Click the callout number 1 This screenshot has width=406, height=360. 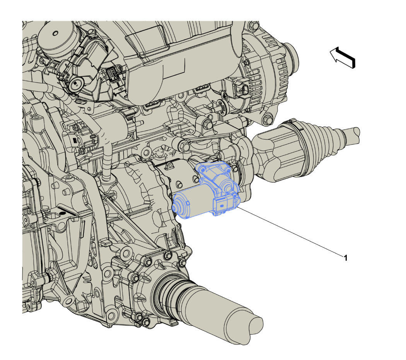(x=345, y=258)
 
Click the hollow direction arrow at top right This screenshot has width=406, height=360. (x=342, y=58)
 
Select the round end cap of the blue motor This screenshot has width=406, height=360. (x=180, y=204)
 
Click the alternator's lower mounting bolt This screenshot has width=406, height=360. (x=268, y=120)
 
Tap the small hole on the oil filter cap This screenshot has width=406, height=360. (x=55, y=33)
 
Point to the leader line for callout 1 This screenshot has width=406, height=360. (x=290, y=231)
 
